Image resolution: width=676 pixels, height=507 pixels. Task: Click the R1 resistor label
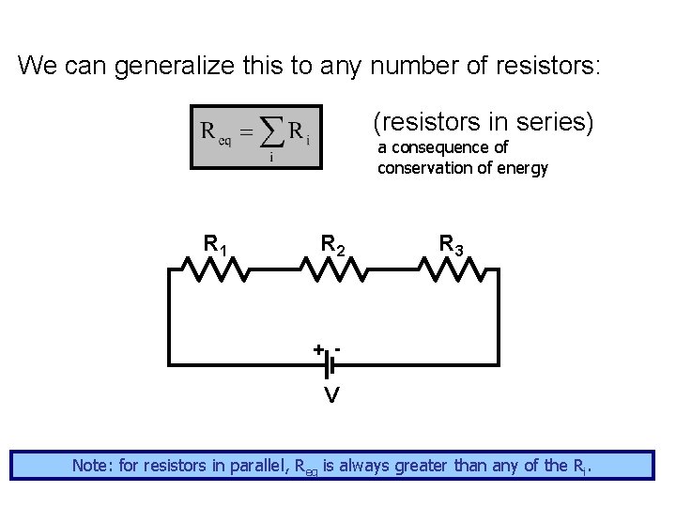[x=217, y=245]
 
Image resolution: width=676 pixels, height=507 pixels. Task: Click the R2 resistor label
[x=333, y=245]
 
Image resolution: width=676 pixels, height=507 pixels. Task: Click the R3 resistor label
[x=451, y=245]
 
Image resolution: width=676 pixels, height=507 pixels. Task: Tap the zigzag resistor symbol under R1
[x=214, y=269]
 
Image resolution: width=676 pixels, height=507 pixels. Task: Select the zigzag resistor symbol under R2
[x=332, y=269]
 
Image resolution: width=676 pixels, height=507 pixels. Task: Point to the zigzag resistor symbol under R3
[x=453, y=269]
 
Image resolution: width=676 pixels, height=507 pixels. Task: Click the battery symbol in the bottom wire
[x=330, y=362]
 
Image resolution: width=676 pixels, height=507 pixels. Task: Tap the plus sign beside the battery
[x=318, y=349]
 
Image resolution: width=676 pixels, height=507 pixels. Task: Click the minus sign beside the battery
[x=337, y=347]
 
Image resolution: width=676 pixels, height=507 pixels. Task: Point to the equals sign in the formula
[x=243, y=133]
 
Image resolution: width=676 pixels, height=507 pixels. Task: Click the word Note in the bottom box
[x=91, y=465]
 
